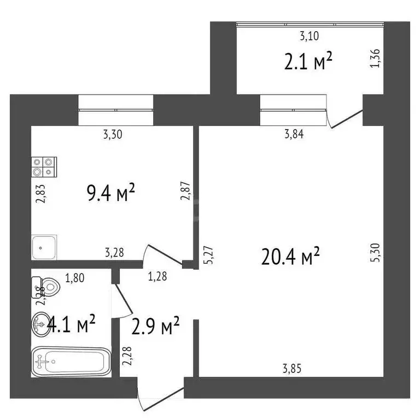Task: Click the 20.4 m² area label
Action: coord(290,256)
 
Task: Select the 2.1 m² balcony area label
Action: coord(308,62)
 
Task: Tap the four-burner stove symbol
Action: coord(44,166)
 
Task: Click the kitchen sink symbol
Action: coord(44,247)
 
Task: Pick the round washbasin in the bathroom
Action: coord(41,324)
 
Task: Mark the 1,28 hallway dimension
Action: coord(158,277)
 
